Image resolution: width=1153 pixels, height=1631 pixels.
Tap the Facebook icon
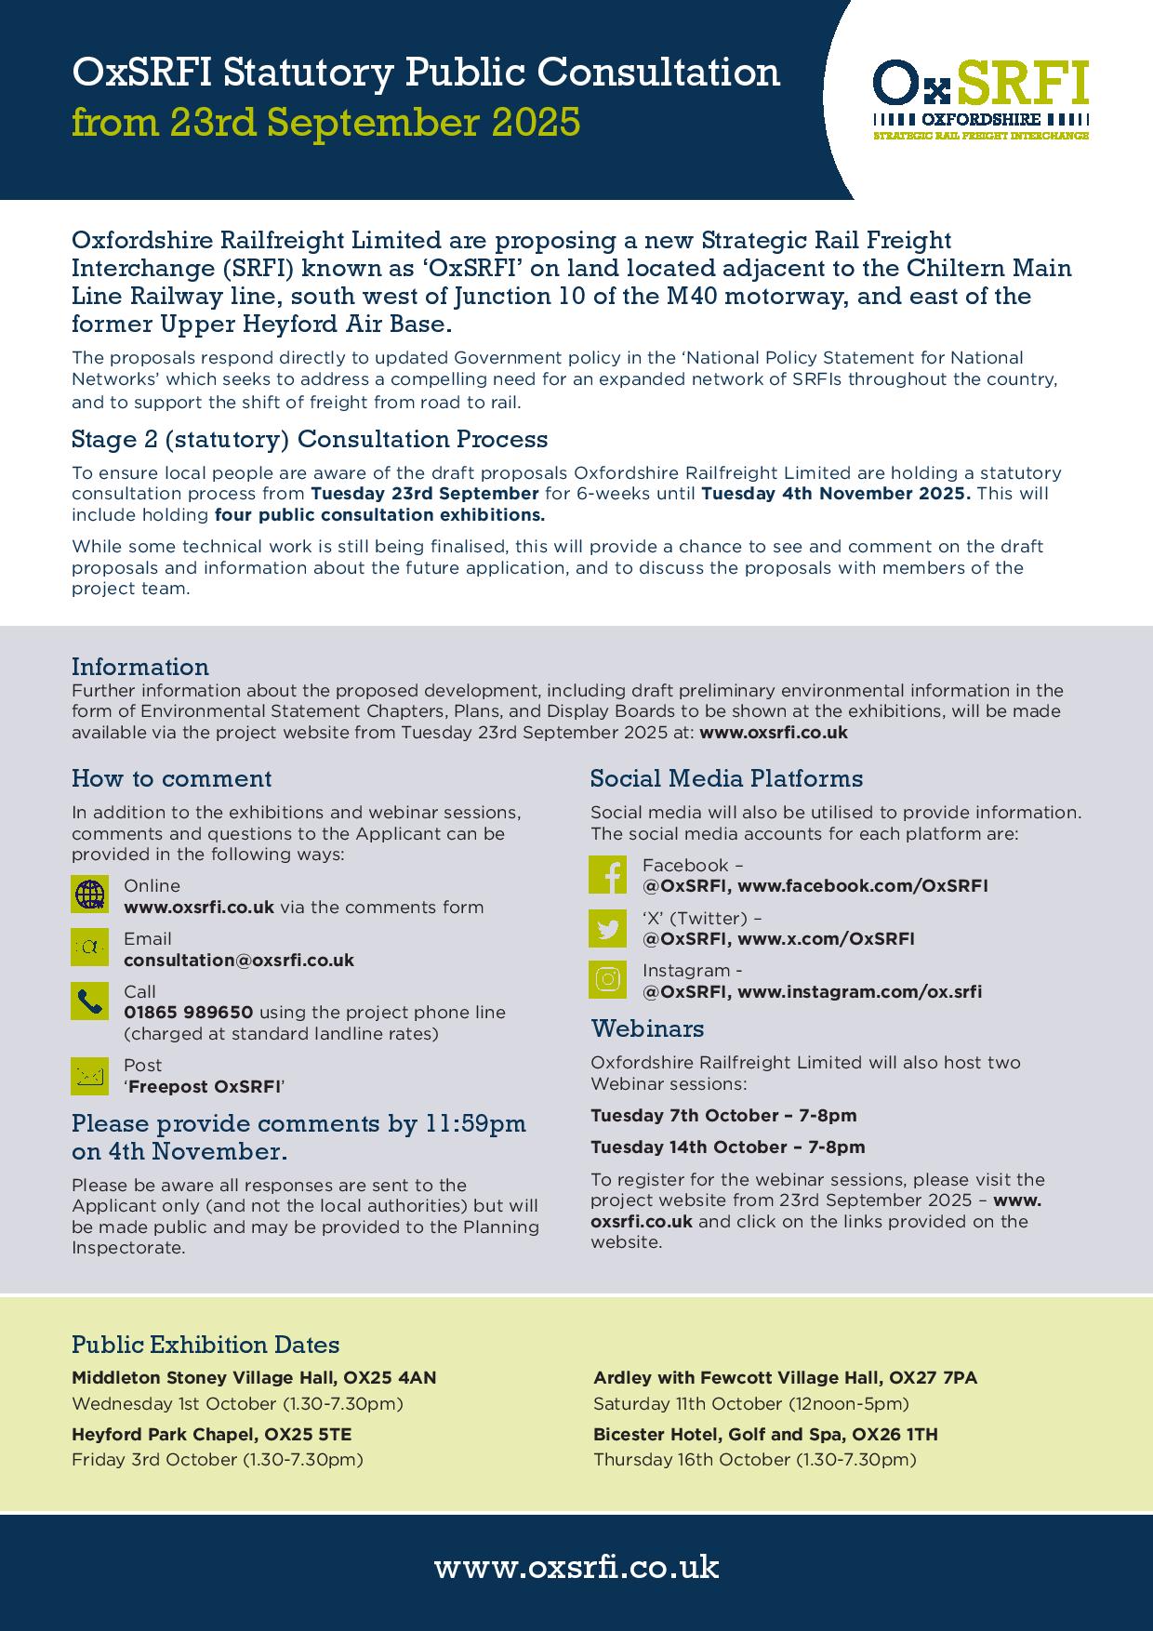(608, 875)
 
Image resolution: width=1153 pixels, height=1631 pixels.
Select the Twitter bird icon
(608, 928)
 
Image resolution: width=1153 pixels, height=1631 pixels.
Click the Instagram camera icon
(608, 980)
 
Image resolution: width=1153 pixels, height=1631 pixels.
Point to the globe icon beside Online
(90, 895)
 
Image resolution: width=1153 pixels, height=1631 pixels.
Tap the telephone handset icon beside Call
(90, 1001)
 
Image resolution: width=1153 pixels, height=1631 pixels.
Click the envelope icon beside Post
(90, 1076)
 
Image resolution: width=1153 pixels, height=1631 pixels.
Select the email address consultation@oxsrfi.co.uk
(239, 960)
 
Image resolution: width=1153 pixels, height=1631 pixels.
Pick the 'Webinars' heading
(647, 1028)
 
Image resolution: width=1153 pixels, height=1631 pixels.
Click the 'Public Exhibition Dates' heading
(205, 1345)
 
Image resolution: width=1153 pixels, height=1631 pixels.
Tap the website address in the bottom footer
(576, 1567)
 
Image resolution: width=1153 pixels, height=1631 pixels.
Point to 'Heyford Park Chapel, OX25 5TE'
(212, 1434)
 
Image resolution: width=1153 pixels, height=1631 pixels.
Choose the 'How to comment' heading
(172, 778)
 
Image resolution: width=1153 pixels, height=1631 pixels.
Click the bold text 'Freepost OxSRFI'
(205, 1086)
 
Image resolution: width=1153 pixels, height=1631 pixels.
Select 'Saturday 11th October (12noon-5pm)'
(751, 1403)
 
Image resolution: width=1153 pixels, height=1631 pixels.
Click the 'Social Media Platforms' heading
(726, 778)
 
